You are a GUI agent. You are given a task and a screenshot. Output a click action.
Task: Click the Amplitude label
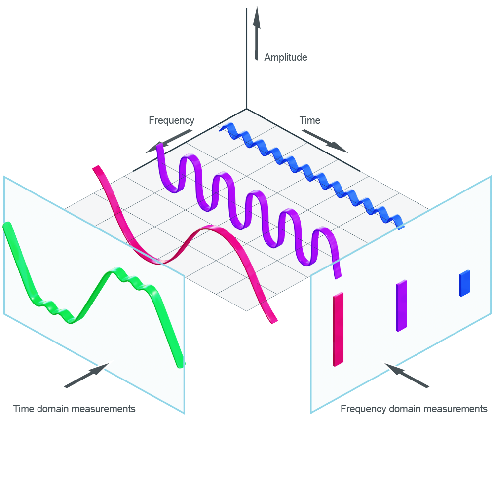click(285, 57)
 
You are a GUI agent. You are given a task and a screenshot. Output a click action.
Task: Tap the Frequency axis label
click(171, 120)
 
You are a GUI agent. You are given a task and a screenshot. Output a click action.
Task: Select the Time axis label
click(310, 120)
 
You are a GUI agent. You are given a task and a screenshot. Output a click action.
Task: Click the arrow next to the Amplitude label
click(256, 35)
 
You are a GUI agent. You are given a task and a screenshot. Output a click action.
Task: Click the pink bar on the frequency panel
click(338, 329)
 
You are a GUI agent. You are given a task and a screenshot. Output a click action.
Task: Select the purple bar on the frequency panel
click(401, 306)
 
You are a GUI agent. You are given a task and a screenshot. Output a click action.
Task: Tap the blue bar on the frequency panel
click(464, 283)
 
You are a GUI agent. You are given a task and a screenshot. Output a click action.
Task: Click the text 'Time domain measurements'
click(74, 409)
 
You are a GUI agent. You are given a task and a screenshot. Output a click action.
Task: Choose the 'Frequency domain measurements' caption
click(414, 409)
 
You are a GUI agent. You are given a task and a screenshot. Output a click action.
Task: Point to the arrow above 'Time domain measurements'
click(86, 376)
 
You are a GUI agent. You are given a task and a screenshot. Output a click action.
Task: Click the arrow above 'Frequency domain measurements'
click(407, 376)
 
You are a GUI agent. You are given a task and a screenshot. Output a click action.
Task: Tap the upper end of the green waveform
click(7, 226)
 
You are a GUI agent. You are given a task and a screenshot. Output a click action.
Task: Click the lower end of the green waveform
click(180, 364)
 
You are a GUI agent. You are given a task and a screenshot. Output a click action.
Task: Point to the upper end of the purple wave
click(159, 147)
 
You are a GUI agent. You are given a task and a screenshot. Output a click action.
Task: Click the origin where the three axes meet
click(246, 109)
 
